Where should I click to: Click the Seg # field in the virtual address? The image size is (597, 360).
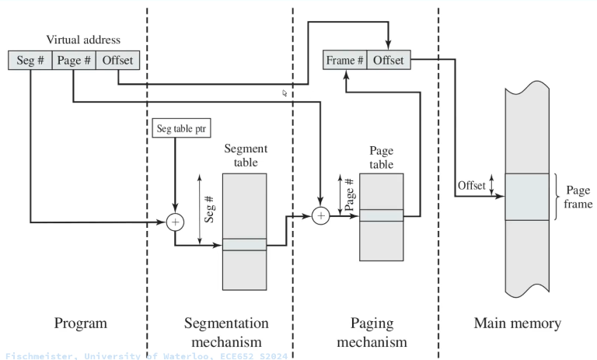click(30, 60)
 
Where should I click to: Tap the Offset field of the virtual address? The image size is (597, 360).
click(118, 60)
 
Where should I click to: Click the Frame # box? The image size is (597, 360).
click(345, 60)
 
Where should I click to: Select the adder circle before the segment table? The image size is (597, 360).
click(175, 222)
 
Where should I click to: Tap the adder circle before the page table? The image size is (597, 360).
click(319, 215)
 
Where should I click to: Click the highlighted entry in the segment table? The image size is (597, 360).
click(244, 244)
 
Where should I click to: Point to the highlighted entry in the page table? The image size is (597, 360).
click(381, 215)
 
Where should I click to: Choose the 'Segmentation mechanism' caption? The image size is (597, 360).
click(226, 331)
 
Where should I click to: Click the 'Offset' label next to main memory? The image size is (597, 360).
click(470, 185)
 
